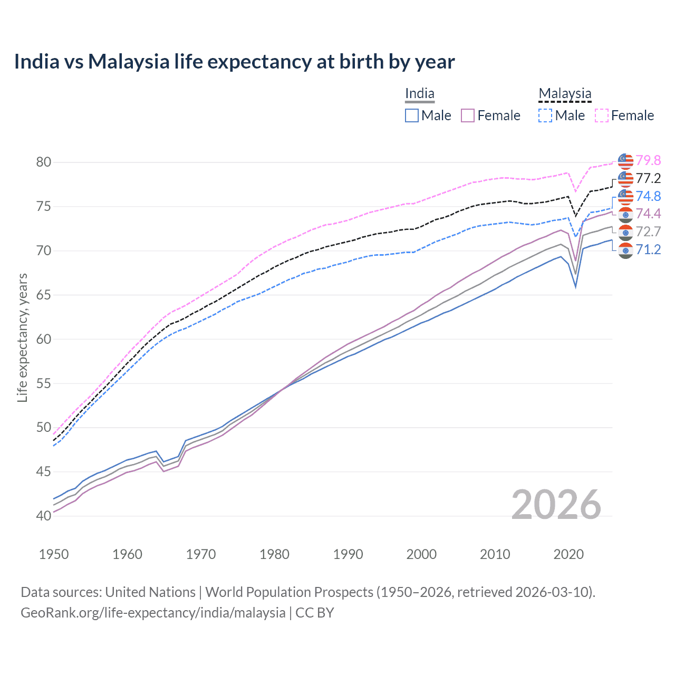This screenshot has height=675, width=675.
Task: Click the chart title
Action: point(234,62)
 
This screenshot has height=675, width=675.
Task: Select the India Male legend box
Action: point(412,115)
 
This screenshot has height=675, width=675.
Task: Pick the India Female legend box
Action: point(468,115)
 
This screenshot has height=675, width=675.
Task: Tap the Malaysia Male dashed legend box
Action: point(545,115)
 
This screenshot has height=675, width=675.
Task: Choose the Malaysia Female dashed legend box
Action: point(601,115)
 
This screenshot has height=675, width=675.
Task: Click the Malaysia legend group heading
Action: point(565,94)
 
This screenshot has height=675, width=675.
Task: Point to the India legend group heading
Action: point(420,94)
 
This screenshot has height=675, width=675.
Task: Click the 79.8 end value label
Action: point(648,160)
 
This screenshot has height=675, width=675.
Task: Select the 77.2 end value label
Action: point(648,178)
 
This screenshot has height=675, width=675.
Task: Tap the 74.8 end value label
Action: point(648,196)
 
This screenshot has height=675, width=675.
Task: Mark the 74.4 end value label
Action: point(648,214)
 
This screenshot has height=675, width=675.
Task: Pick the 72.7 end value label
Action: point(648,232)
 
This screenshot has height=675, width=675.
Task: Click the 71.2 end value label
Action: point(648,249)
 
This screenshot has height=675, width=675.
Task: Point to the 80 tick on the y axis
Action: point(44,162)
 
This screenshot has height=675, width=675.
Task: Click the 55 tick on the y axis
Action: point(44,383)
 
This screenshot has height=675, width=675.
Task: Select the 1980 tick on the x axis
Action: point(275,554)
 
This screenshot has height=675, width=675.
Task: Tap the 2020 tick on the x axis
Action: point(568,554)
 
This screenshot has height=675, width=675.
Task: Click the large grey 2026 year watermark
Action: point(556,505)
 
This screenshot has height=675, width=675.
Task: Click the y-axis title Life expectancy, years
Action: point(23,337)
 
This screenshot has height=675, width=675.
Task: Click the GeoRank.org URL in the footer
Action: point(153,613)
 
